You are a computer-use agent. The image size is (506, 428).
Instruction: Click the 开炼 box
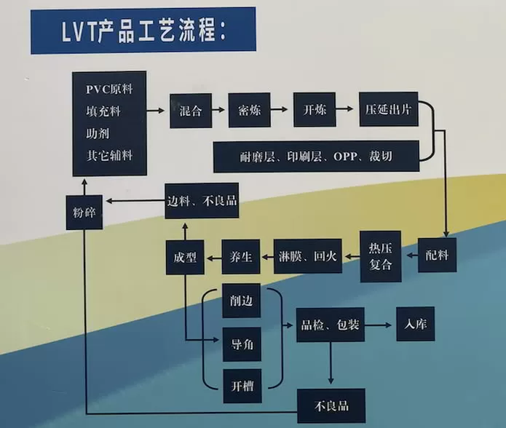(314, 111)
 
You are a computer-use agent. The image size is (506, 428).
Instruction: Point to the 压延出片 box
(389, 111)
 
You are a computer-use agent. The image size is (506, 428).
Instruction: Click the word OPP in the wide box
(347, 156)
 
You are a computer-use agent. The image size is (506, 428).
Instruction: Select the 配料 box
(437, 255)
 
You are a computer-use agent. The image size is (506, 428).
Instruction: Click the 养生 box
(240, 256)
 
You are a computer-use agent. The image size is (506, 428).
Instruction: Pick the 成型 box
(185, 257)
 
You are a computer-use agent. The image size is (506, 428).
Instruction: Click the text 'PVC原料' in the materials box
(108, 90)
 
